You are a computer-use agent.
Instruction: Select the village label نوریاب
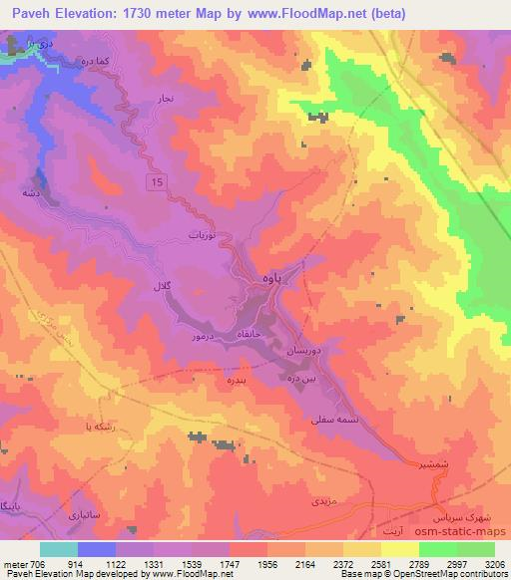[204, 236]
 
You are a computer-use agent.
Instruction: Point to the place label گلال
[162, 287]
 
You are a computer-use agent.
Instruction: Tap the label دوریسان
[306, 353]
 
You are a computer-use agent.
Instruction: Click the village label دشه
[32, 190]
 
